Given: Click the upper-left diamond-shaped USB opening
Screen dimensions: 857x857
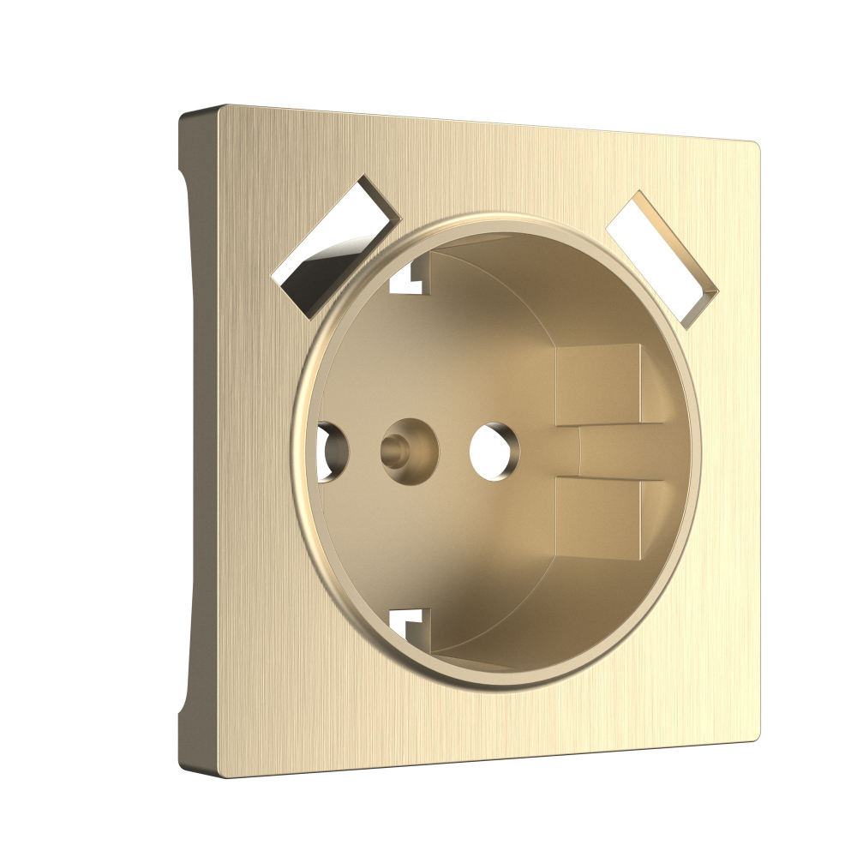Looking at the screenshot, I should click(x=336, y=243).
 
